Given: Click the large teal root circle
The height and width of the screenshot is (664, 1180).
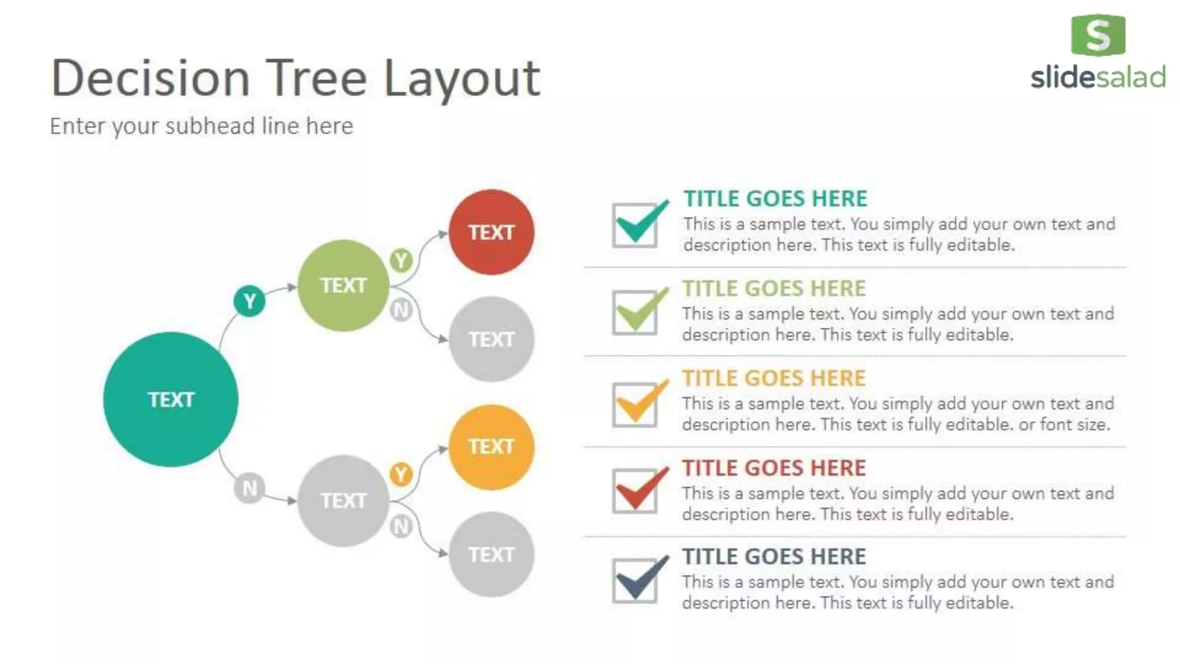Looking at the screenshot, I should pos(171,399).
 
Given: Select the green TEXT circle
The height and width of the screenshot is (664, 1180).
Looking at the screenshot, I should pos(343,285).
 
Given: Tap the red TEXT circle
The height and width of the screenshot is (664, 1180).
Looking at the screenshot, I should pos(491,232).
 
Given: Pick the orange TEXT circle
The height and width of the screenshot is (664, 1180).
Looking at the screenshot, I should pos(491,447).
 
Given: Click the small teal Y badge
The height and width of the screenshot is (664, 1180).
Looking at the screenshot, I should pos(249,301).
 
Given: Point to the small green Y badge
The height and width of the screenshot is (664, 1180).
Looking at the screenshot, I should pos(401,261).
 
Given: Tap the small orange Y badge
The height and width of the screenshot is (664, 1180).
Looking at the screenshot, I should pos(401,474).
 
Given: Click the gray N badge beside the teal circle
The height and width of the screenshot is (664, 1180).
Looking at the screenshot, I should pos(249,488).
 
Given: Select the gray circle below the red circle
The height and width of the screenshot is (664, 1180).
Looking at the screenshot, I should pos(491,339).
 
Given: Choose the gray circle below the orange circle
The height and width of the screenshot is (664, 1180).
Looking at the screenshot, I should pos(491,554).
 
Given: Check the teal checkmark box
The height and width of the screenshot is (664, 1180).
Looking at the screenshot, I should pos(635,225).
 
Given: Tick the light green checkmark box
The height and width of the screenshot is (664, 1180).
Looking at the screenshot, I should pos(635,312).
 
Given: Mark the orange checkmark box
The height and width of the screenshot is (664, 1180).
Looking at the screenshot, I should pos(635,405).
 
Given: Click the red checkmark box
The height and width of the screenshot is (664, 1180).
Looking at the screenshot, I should pos(635,491).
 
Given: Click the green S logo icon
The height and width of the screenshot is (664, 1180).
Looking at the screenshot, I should pos(1098,35).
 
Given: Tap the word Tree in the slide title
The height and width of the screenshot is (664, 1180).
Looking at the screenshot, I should pos(318,78).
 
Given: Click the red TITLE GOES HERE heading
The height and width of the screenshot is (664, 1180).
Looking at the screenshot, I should pos(774,468).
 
